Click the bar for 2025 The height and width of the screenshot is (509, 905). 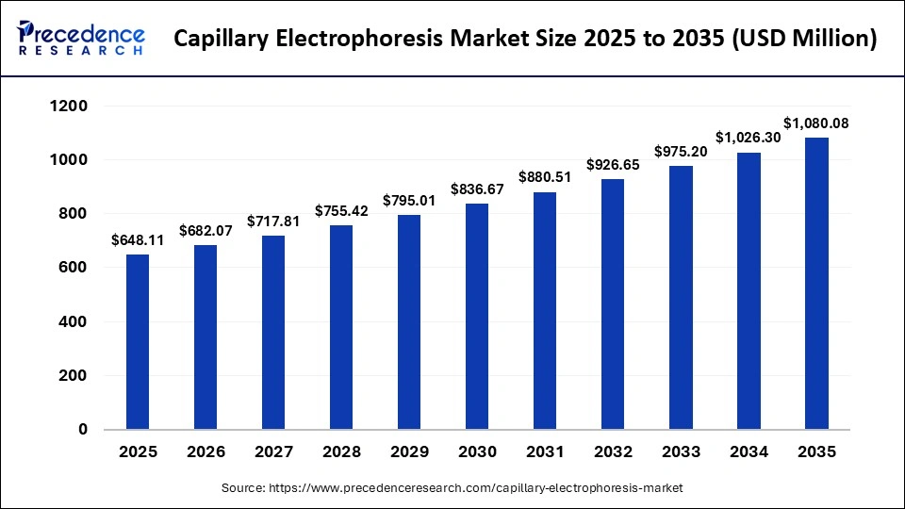coord(138,341)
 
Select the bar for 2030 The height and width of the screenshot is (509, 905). coord(477,316)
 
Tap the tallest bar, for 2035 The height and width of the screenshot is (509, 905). coord(816,283)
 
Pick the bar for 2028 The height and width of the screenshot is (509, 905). coord(341,327)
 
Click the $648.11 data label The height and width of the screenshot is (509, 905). coord(138,240)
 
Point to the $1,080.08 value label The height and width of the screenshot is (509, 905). coord(816,123)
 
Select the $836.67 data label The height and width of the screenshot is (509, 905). coord(477,189)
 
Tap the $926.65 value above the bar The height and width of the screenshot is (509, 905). coord(613,165)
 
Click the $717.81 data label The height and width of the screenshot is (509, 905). coord(273,222)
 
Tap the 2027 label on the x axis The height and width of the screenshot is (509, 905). coord(273,452)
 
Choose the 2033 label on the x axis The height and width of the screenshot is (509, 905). coord(681,452)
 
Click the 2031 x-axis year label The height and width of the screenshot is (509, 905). coord(545,452)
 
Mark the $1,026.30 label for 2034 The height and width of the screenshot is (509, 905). coord(749,138)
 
